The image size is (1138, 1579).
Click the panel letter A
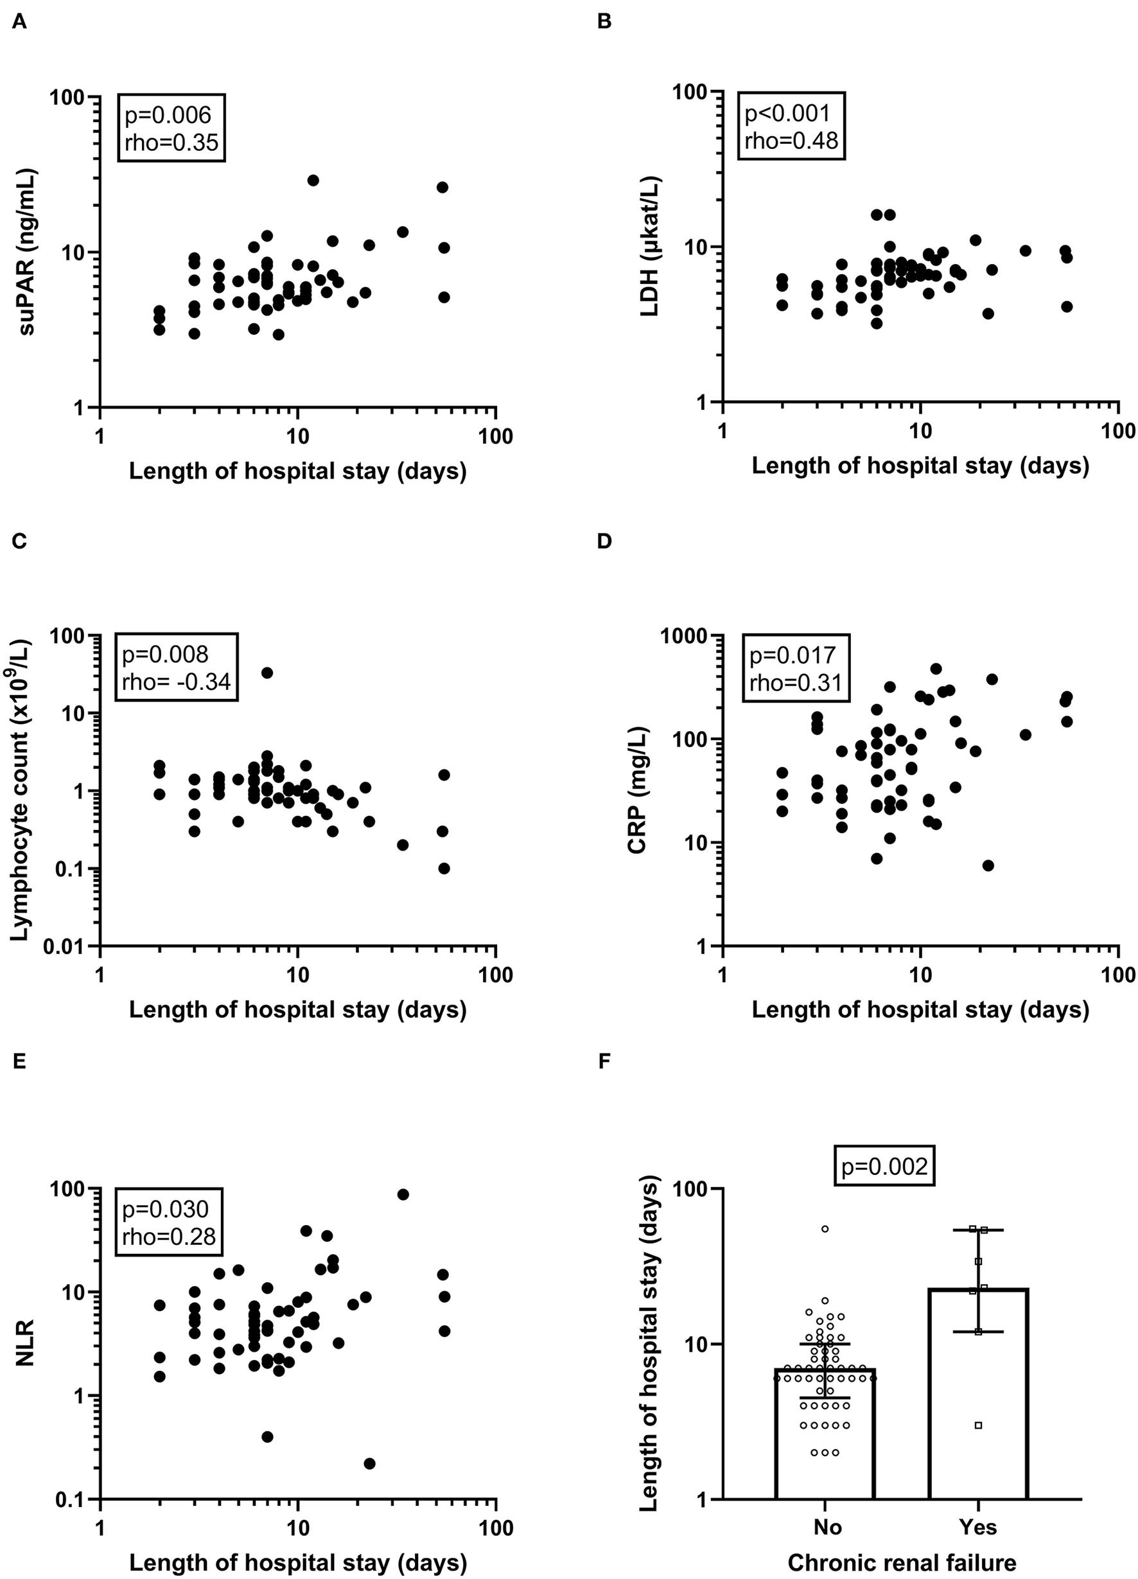point(19,22)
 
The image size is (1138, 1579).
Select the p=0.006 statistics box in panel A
point(171,128)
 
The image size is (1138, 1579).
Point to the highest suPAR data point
point(313,181)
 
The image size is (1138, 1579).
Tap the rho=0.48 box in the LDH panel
point(791,126)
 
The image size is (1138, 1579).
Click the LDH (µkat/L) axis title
point(650,246)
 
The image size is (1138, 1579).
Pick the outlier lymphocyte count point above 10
point(267,673)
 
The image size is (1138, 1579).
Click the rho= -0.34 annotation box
point(176,667)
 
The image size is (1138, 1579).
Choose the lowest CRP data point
point(988,865)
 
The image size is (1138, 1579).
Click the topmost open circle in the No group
point(825,1229)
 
